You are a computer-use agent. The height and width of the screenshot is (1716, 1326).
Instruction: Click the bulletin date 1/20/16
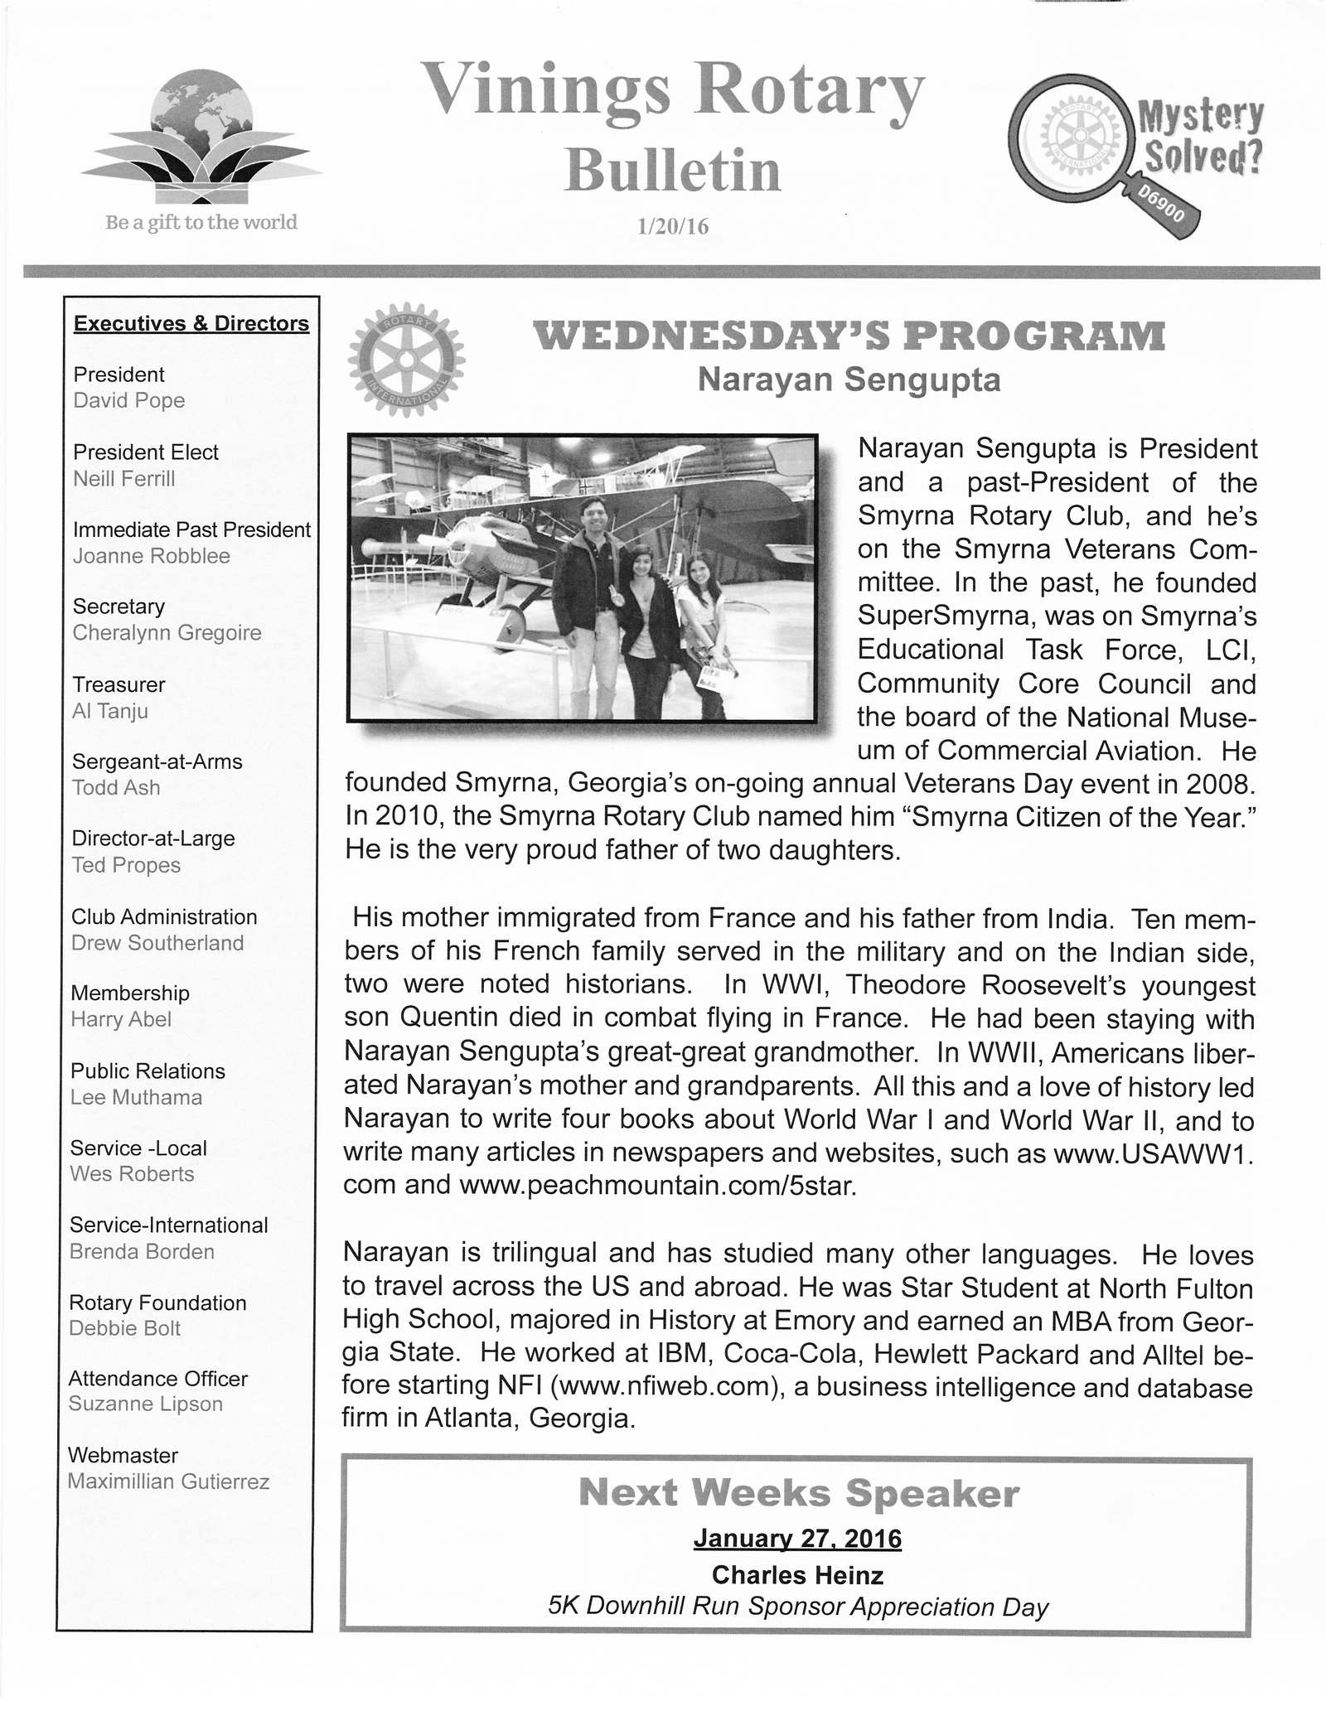point(672,226)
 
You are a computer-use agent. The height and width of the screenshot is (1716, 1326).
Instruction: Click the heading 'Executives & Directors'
point(191,323)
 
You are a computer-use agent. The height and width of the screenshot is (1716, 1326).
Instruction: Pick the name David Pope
point(129,400)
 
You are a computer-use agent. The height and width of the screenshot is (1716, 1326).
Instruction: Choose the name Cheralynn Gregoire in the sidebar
point(167,633)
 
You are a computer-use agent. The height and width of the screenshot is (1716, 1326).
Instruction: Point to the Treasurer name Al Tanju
point(110,711)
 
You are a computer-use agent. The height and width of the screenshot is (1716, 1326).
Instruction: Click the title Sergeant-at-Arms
point(157,761)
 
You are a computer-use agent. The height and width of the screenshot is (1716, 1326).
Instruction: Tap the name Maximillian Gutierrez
point(169,1481)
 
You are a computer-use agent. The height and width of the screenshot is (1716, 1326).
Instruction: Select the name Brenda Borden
point(142,1251)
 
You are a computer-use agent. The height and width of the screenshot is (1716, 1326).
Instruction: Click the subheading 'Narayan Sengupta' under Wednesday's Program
point(849,379)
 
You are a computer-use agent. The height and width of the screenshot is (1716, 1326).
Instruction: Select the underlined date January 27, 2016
point(797,1539)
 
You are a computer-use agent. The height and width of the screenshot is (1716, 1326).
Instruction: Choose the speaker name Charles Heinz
point(797,1574)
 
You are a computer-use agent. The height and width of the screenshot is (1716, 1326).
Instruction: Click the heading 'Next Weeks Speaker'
point(798,1494)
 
